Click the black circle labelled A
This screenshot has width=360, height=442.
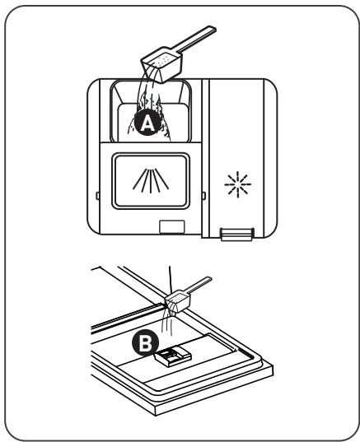(x=147, y=123)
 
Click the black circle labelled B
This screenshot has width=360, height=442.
(x=145, y=343)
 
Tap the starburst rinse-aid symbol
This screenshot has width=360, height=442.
(x=238, y=184)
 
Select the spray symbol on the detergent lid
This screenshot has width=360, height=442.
(x=151, y=181)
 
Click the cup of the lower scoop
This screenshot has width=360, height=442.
(x=178, y=302)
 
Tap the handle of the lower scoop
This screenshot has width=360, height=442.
(x=199, y=285)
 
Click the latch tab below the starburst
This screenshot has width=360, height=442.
(x=236, y=235)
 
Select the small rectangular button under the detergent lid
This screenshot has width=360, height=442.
(x=172, y=227)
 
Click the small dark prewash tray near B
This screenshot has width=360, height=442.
(x=173, y=356)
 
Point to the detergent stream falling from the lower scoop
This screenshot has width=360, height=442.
(x=167, y=321)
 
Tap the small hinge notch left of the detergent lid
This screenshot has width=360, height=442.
(x=97, y=196)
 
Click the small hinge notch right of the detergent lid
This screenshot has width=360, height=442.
(x=203, y=196)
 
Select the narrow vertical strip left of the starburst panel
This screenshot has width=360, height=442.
(x=205, y=158)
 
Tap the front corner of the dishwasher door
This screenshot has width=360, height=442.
(x=156, y=416)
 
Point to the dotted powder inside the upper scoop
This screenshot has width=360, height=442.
(x=162, y=60)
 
